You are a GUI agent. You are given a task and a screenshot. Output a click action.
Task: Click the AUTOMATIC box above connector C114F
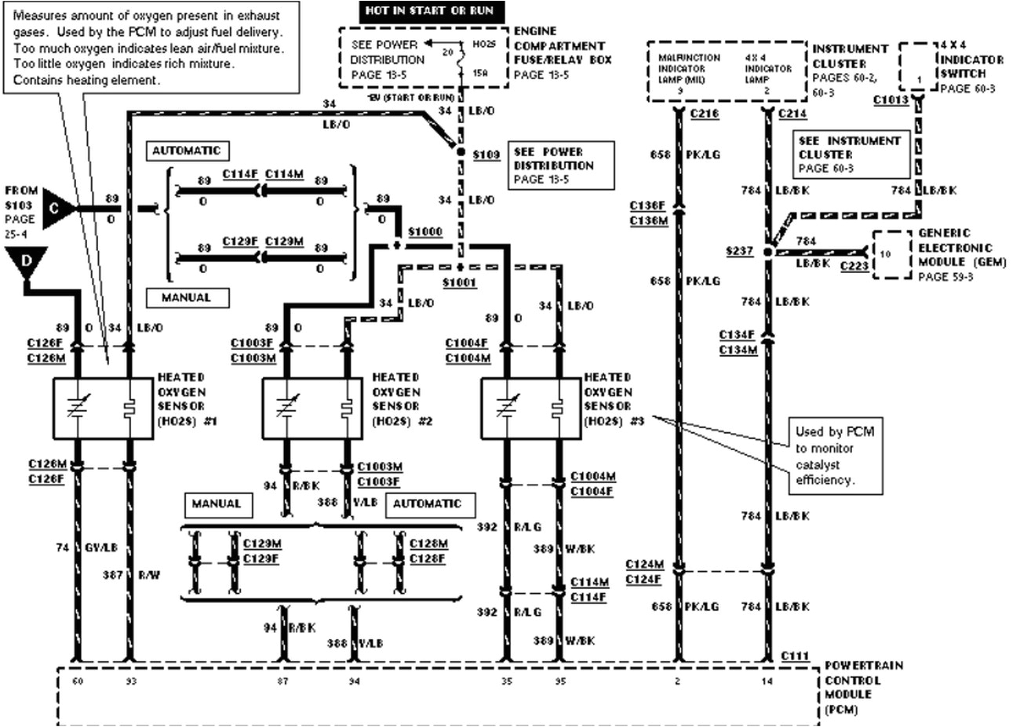(x=187, y=151)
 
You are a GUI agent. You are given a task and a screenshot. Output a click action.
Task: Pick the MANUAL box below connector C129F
(x=187, y=298)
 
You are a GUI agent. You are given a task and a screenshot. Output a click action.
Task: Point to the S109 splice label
(x=486, y=154)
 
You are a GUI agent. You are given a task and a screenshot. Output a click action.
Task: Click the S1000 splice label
(x=426, y=232)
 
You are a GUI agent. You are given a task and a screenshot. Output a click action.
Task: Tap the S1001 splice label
(x=459, y=282)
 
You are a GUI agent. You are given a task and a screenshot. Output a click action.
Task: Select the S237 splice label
(x=740, y=251)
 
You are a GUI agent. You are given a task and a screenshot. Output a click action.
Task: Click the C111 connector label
(x=796, y=655)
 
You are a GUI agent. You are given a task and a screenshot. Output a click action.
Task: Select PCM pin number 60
(x=77, y=682)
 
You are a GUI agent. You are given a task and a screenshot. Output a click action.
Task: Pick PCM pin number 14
(x=767, y=682)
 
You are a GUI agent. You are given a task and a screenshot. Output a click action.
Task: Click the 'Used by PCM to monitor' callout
(x=834, y=455)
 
